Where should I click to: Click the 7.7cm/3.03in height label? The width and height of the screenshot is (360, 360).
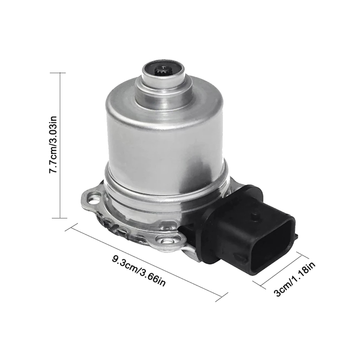(53, 145)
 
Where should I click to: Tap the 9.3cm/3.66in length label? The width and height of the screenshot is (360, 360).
(139, 271)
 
